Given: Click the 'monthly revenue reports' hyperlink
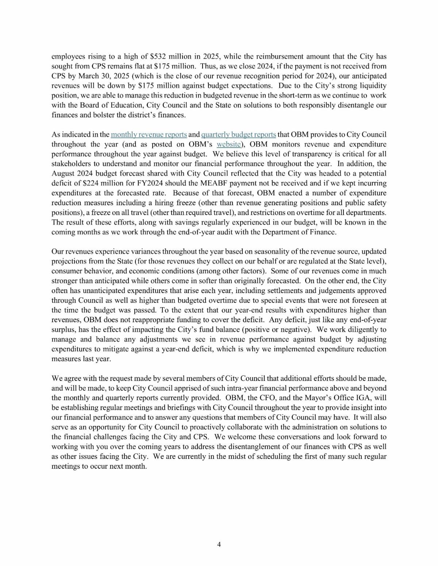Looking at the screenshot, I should pos(149,134).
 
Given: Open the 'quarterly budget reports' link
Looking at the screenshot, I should pos(238,134).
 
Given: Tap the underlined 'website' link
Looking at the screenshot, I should pos(229,144).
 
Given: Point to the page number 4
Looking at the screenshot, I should pos(219,545).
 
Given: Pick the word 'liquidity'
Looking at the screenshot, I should pos(370,86).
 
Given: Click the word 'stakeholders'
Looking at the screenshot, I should pos(72,164).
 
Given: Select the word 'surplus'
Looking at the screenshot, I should pos(64,329).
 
